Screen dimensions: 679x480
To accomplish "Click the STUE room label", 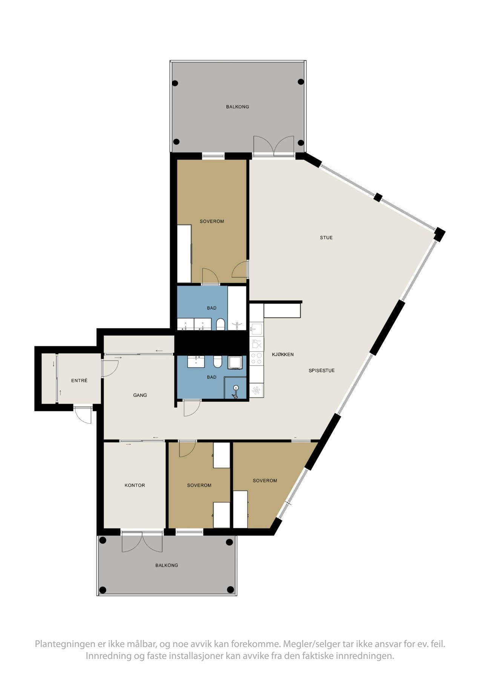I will click(326, 238).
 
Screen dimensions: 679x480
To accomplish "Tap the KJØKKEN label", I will click(283, 355).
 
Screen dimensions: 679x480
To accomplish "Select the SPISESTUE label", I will click(322, 370).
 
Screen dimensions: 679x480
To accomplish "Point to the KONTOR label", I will click(135, 485).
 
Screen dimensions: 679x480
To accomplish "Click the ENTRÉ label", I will click(79, 381).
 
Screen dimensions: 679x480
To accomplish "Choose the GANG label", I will click(140, 395).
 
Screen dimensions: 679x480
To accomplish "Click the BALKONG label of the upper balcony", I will click(238, 107).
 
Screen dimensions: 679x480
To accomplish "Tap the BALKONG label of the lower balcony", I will click(167, 565).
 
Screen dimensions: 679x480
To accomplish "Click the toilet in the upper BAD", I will click(221, 324).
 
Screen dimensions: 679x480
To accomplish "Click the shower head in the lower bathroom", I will click(236, 389).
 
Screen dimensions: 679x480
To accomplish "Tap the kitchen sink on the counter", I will click(256, 328).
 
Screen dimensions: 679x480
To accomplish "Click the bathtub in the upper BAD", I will click(237, 308).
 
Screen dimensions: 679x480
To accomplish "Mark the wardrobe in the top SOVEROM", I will click(184, 253).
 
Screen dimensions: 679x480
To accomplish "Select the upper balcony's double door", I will click(274, 146).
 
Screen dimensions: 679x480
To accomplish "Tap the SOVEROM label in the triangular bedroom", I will click(265, 481).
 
